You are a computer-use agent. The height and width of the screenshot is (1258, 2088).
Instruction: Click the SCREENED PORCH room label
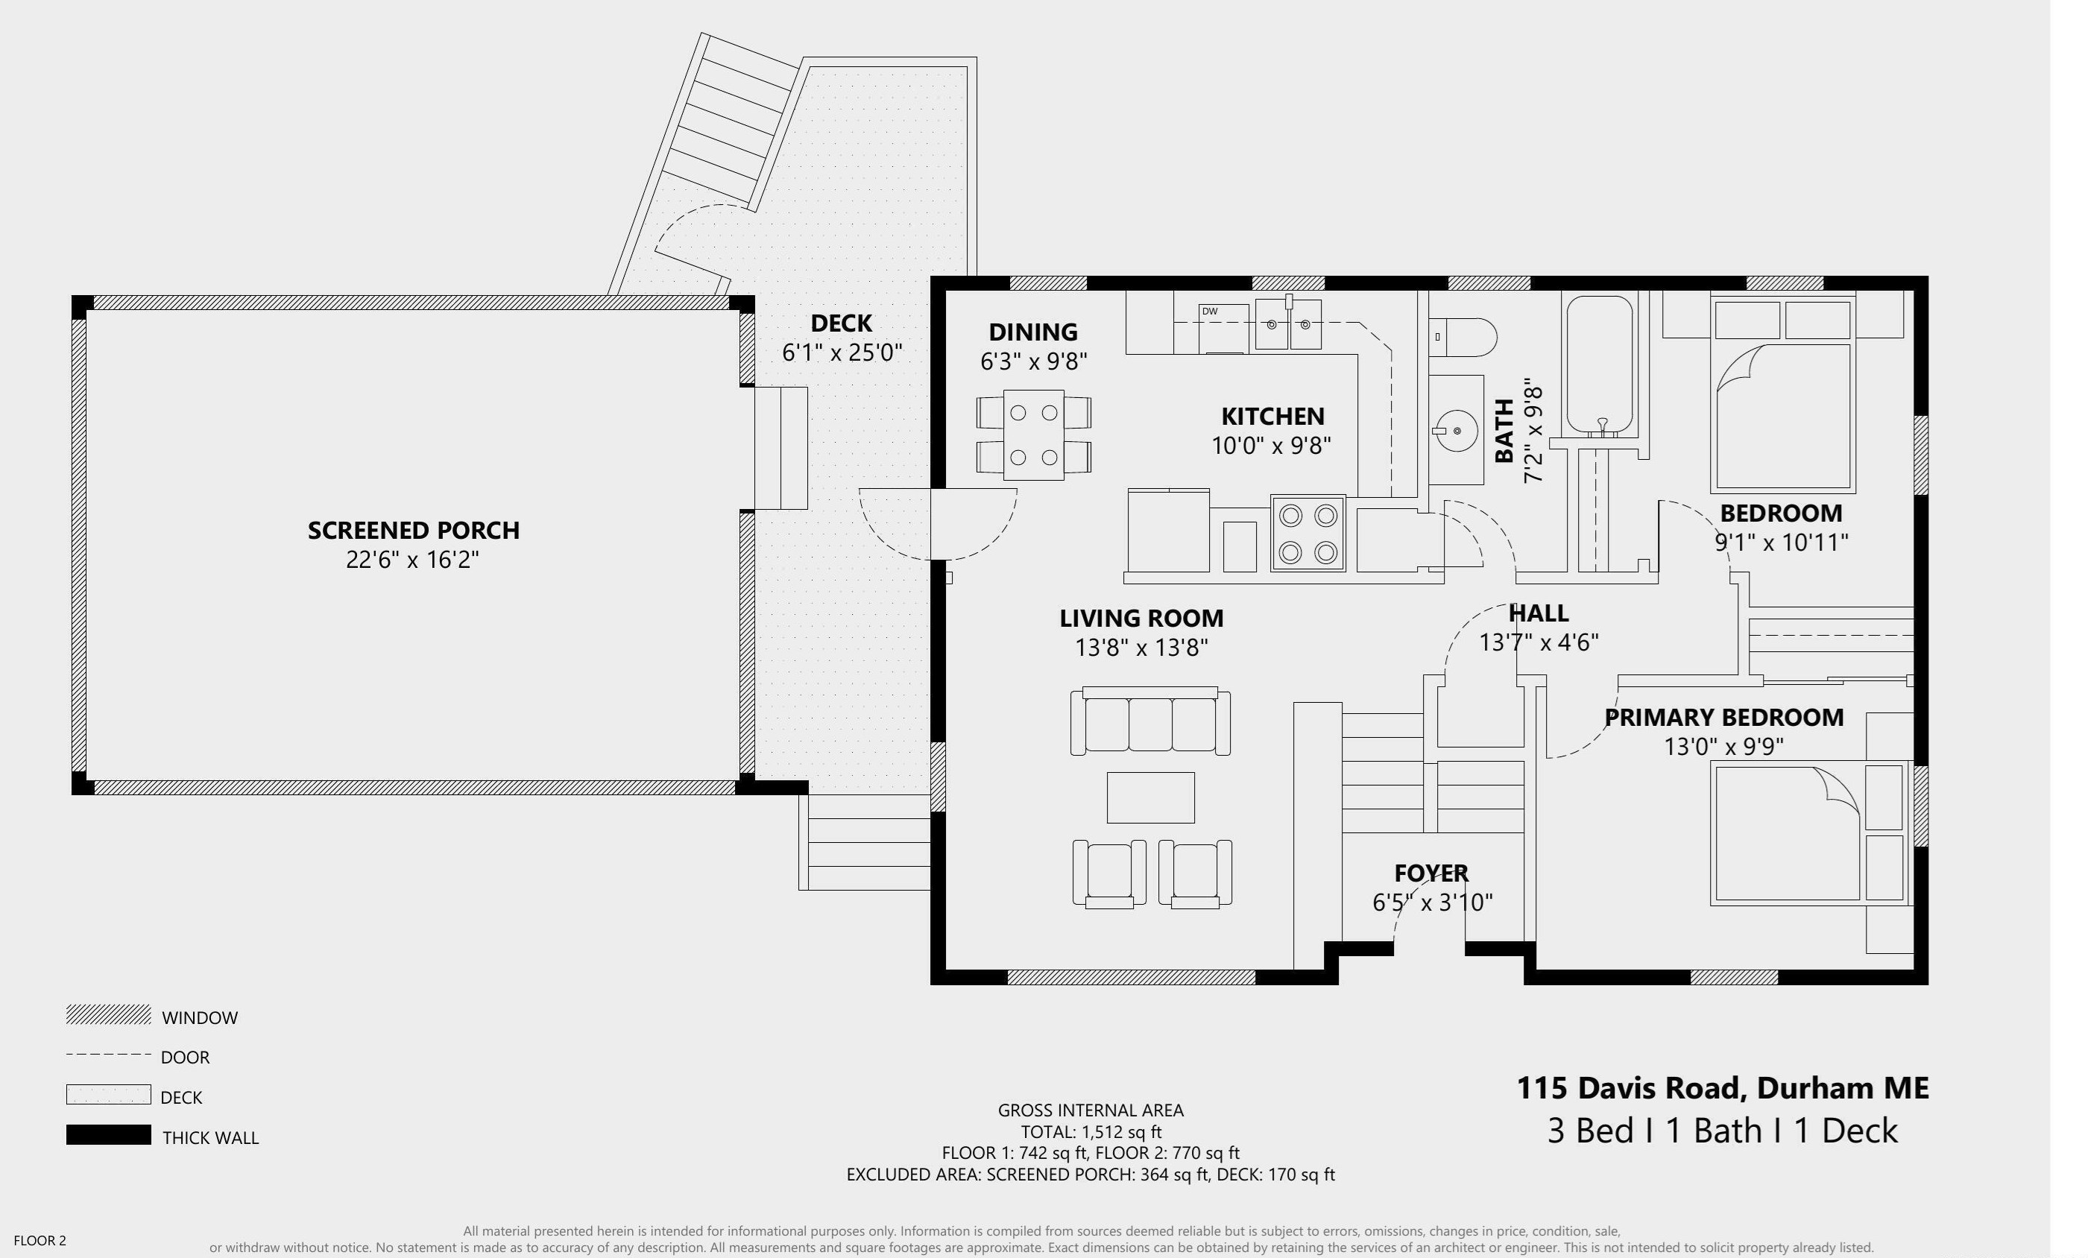point(414,531)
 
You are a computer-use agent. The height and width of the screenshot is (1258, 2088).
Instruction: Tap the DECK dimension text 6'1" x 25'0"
point(842,353)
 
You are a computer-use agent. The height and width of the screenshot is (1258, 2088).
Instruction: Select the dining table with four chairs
point(1034,435)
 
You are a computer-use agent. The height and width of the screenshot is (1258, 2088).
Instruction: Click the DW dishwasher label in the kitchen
point(1209,312)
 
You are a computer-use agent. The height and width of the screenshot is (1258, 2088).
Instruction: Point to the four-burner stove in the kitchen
point(1308,533)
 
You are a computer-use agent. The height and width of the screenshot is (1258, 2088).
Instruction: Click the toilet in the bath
point(1463,337)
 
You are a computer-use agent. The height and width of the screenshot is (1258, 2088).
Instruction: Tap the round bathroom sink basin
point(1457,430)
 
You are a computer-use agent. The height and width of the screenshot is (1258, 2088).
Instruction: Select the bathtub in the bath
point(1599,365)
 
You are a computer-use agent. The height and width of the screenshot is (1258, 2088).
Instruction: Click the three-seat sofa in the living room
point(1150,721)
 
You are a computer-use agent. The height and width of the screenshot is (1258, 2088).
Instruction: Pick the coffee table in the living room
point(1151,797)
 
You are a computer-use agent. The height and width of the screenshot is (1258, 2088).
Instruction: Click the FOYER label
point(1431,873)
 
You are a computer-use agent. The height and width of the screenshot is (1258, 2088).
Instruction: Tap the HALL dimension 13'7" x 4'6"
point(1539,642)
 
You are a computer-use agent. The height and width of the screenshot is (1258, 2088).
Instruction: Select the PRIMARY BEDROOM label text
point(1723,718)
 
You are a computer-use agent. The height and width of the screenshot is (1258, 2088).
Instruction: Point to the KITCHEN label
point(1272,416)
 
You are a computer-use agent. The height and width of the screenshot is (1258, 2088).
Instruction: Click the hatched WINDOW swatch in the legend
point(109,1015)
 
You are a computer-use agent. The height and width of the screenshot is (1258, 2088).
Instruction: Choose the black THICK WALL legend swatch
point(109,1135)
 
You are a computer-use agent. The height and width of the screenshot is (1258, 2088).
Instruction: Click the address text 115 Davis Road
point(1633,1088)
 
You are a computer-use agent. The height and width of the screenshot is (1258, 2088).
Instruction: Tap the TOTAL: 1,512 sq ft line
point(1091,1132)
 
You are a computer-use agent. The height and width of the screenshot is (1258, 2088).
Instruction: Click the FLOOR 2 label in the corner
point(40,1241)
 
